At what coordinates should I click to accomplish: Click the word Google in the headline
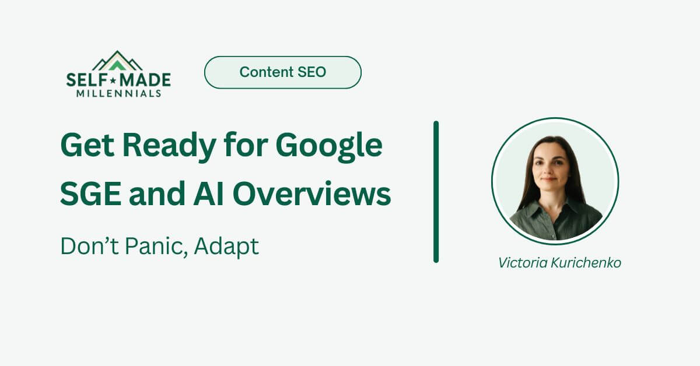click(x=329, y=147)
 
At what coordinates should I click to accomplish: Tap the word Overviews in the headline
click(x=312, y=194)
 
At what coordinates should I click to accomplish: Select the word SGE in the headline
click(x=90, y=194)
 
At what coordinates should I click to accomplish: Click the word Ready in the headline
click(x=169, y=147)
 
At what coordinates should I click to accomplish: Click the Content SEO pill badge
click(x=283, y=72)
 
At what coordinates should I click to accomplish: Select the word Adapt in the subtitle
click(x=226, y=247)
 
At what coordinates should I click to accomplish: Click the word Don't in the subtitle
click(x=90, y=246)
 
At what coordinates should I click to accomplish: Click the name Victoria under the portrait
click(x=523, y=263)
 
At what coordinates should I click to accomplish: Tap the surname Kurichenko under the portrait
click(x=586, y=263)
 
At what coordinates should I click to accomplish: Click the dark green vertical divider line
click(x=436, y=192)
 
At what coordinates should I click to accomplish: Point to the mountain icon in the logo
click(x=117, y=61)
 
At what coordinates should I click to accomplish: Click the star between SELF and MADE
click(x=113, y=81)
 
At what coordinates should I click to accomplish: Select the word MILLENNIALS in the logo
click(x=119, y=93)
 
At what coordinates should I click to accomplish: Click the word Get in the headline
click(x=87, y=146)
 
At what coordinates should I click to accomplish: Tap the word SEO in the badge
click(x=311, y=72)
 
